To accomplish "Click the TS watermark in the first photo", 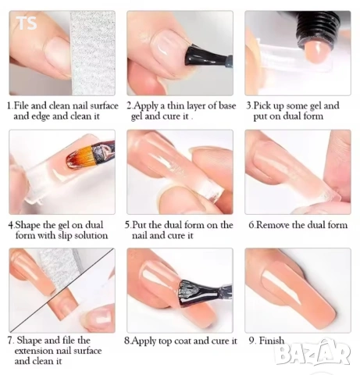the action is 27,23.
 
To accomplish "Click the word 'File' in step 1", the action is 21,105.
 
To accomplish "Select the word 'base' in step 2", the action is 227,105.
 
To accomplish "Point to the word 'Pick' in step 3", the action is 262,106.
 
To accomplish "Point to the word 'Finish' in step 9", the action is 272,341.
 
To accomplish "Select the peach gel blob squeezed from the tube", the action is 317,52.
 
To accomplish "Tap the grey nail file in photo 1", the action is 92,53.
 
